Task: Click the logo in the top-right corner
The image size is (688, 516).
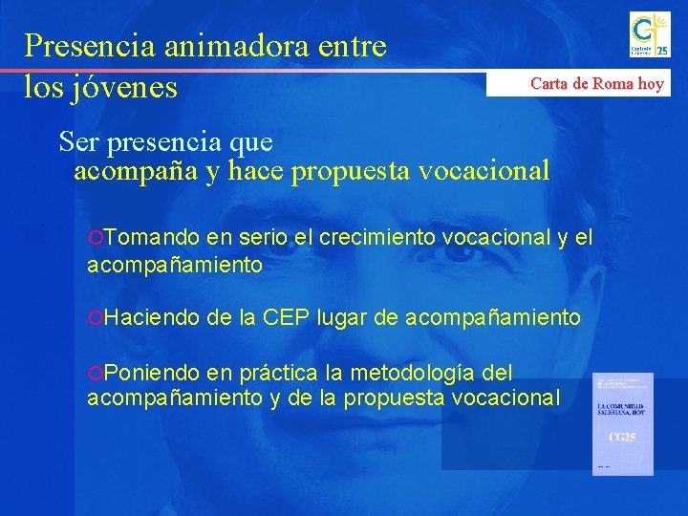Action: click(649, 34)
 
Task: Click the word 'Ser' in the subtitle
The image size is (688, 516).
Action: click(78, 142)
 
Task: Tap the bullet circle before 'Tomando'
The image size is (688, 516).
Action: click(94, 237)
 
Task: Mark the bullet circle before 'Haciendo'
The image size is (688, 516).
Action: click(94, 317)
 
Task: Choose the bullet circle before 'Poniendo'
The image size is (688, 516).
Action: click(94, 372)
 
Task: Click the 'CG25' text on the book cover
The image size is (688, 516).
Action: click(622, 438)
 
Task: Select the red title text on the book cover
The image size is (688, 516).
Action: click(622, 412)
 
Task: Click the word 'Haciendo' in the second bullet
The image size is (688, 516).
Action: click(152, 316)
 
